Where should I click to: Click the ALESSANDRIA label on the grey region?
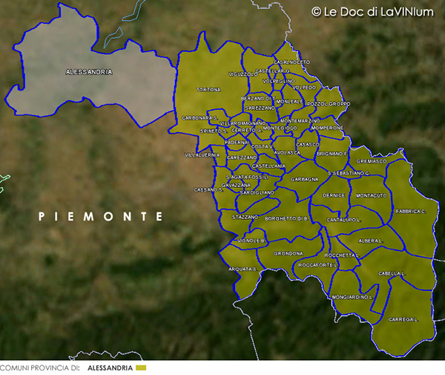tap(88, 72)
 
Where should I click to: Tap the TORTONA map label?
tap(208, 90)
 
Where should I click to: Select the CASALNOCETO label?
tap(291, 62)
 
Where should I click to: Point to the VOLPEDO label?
tap(304, 88)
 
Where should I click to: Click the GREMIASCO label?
tap(372, 161)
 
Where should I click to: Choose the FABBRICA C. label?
tap(409, 212)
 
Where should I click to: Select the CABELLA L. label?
tap(391, 273)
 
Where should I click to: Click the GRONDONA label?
tap(288, 253)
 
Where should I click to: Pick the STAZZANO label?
tap(244, 217)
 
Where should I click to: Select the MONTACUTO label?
tap(371, 195)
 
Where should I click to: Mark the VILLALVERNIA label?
tap(202, 155)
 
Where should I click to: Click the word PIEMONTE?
tap(101, 216)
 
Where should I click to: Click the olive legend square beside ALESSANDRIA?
tap(142, 368)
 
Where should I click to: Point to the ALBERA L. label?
tap(370, 241)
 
